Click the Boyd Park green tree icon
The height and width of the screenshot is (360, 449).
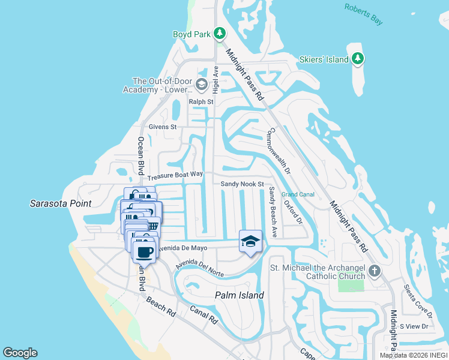(220, 34)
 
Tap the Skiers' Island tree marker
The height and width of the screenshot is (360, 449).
(358, 58)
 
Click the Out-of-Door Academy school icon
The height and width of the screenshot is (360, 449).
(200, 85)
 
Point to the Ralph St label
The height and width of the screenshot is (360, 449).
(201, 102)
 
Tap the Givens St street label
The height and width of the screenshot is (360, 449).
(163, 127)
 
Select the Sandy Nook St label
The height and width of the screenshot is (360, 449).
(243, 184)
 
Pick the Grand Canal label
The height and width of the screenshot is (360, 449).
(298, 194)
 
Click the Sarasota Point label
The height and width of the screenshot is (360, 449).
(60, 203)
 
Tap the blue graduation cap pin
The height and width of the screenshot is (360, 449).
(250, 241)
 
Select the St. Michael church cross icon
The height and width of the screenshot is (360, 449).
(375, 271)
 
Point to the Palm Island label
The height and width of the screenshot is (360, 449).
(240, 295)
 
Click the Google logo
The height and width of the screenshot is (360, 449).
(20, 353)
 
